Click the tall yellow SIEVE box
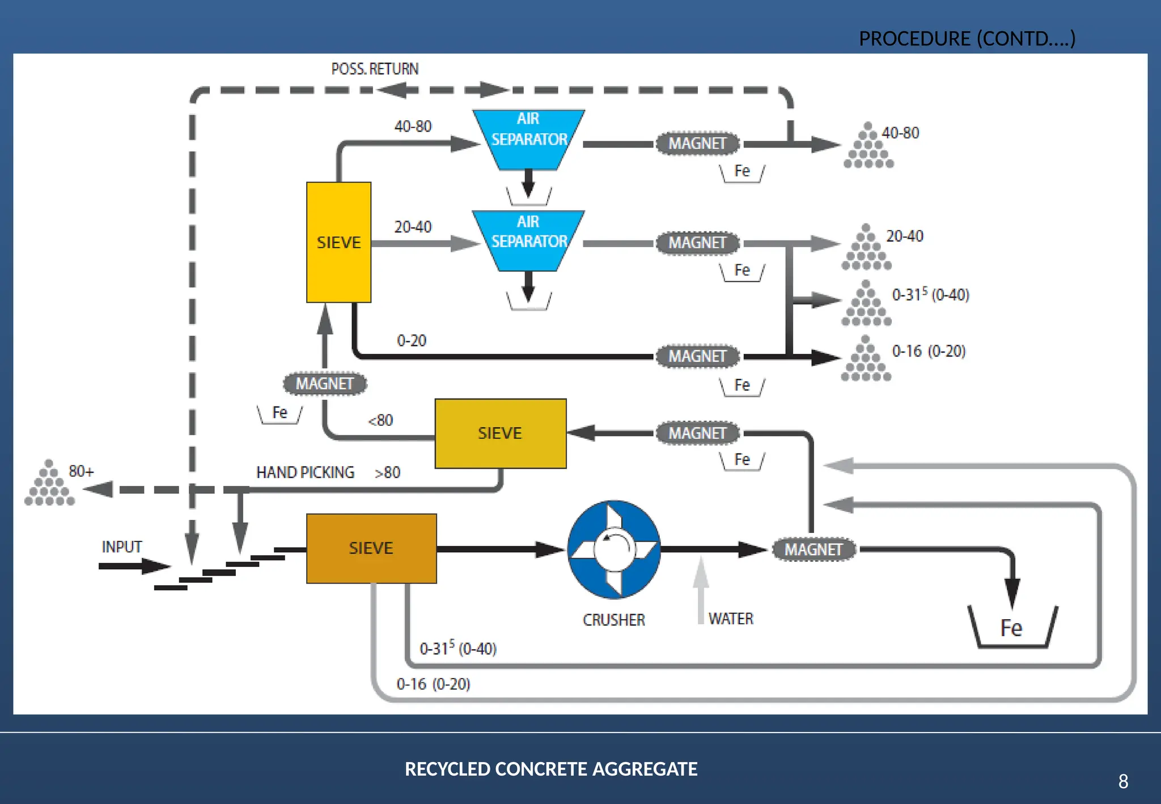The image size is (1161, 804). coord(338,242)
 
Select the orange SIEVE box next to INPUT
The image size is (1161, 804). coord(371,548)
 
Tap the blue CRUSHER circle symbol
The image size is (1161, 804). coord(614,549)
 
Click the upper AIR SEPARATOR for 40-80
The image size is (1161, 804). coord(528,139)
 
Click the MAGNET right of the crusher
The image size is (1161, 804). coord(813,549)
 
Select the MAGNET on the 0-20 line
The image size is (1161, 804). coord(697,356)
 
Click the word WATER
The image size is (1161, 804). coord(731,619)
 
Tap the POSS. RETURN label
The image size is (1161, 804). coord(375,69)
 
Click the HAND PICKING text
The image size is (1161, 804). coord(305,472)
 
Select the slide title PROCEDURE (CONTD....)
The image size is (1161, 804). coord(967,39)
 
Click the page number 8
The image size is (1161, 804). coord(1123,781)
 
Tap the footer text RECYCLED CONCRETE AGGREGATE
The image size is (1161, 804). coord(551,769)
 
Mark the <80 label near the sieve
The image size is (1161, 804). coord(380,420)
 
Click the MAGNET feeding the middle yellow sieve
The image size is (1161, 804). coord(697,433)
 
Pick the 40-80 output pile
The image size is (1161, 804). coord(868,147)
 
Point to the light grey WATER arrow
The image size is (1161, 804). coord(701,590)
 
